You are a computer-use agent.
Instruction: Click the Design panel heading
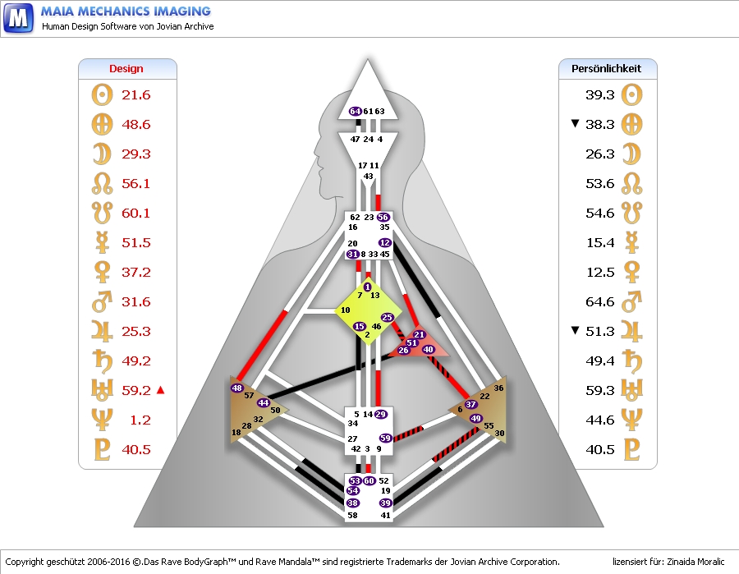coord(126,69)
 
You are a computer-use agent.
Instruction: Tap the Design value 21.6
coord(135,94)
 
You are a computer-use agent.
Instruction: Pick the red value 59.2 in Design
coord(135,390)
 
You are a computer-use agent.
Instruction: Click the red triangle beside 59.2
coord(160,389)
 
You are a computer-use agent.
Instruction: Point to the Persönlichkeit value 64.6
coord(600,301)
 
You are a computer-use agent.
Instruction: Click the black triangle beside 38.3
coord(575,124)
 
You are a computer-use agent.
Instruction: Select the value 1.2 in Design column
coord(140,420)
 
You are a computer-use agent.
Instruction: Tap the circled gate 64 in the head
coord(355,111)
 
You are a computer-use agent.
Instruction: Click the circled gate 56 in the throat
coord(383,217)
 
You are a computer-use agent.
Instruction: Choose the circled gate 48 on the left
coord(237,388)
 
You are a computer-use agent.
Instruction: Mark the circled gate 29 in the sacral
coord(380,414)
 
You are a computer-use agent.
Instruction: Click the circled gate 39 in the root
coord(385,503)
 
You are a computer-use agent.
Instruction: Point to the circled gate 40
coord(428,349)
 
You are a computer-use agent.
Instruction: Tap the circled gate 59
coord(385,439)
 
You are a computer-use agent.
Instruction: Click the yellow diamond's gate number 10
coord(345,310)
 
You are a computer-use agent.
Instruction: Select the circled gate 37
coord(470,404)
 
